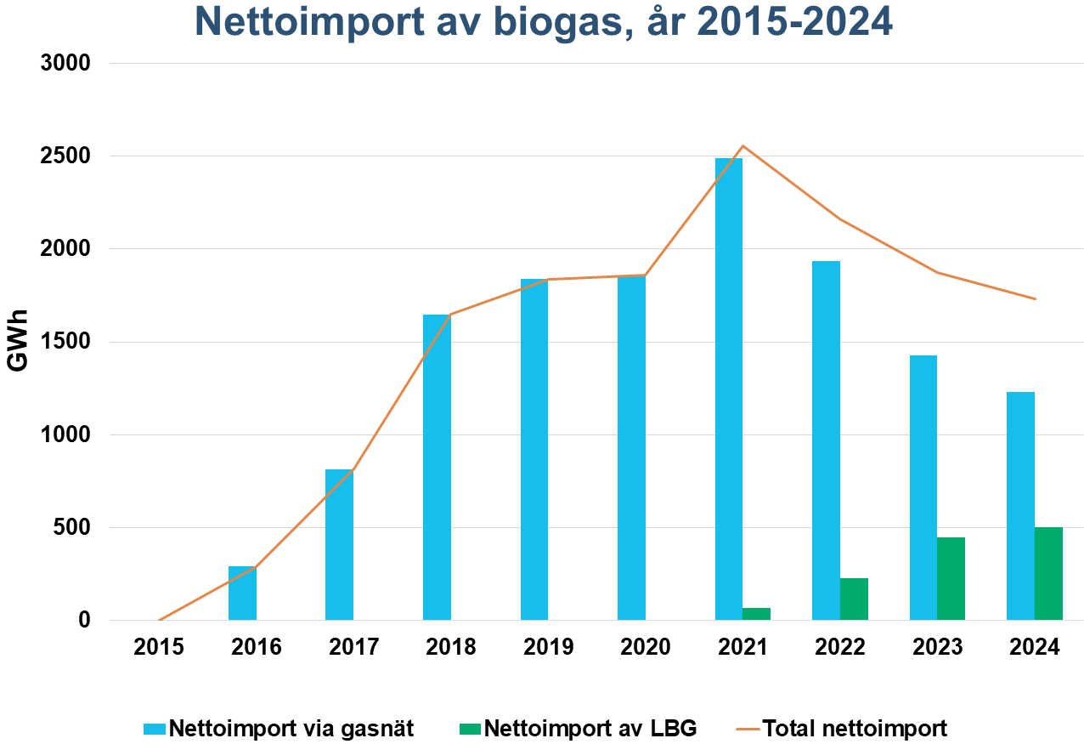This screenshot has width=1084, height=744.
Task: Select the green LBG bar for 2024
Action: [1048, 573]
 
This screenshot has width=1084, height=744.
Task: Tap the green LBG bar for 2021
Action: [756, 614]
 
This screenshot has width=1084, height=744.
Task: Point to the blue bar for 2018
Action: [437, 467]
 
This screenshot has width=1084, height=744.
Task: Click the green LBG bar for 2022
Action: [854, 599]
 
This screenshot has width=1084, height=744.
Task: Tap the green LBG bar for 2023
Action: [951, 578]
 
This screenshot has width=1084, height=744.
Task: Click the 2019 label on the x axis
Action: [548, 647]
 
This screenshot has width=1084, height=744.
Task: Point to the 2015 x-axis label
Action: [159, 647]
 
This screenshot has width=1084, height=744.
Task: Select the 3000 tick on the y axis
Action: [66, 64]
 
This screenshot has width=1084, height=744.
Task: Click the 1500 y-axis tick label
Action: [66, 342]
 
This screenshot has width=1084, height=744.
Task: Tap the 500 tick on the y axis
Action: [73, 527]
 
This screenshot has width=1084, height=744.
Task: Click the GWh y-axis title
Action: [17, 341]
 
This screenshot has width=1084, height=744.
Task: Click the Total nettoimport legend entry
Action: [853, 728]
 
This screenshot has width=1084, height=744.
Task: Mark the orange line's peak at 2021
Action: [743, 145]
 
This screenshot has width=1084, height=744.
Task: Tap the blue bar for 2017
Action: [339, 544]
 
